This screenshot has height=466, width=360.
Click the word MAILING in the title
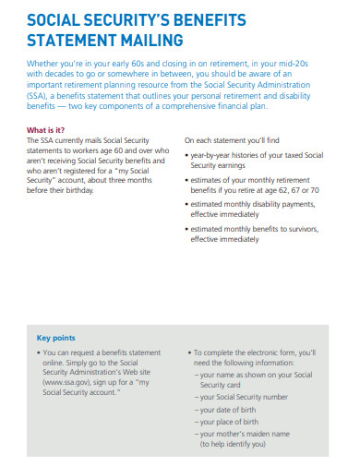147,40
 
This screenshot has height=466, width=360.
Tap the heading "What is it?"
45,130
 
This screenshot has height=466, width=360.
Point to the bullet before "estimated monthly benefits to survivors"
187,228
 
